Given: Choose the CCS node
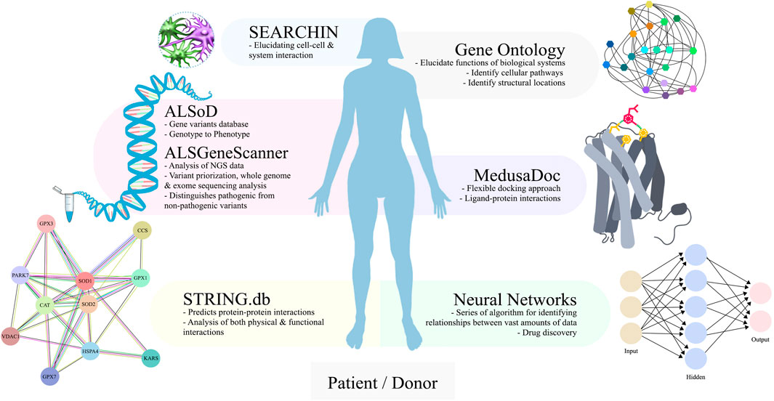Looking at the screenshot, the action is coord(142,230).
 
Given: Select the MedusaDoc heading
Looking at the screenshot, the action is coord(515,177).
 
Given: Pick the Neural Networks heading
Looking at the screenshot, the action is coord(515,299).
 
